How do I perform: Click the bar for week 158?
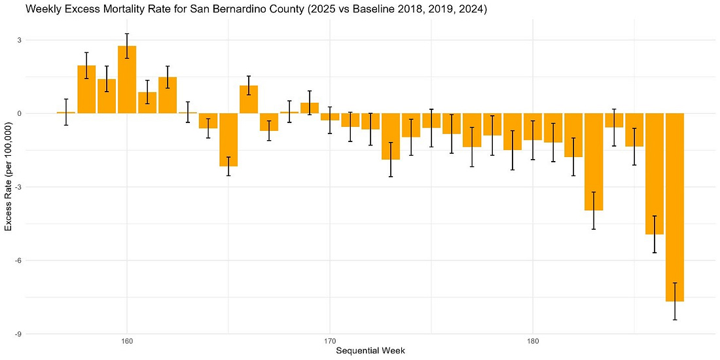(86, 90)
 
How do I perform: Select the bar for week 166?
(249, 99)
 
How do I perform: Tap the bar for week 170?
(330, 117)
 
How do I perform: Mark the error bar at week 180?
(533, 140)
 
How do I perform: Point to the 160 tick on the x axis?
(127, 342)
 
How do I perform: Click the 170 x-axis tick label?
(330, 342)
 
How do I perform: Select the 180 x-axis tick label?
(533, 342)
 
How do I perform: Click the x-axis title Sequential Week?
(370, 351)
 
